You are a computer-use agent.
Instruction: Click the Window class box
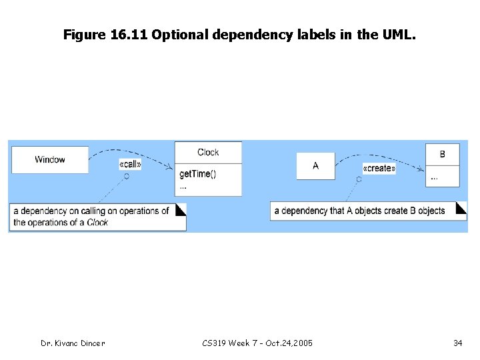tap(50, 159)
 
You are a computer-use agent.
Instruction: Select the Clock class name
tap(208, 152)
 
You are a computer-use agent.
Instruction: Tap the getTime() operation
tap(198, 174)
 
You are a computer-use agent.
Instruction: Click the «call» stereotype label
tap(129, 164)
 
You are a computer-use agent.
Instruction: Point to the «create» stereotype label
tap(379, 169)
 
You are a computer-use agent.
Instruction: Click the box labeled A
tap(315, 165)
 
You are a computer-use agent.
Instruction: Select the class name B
tap(443, 154)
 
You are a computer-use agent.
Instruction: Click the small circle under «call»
tap(125, 176)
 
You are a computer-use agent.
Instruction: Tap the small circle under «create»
tap(359, 179)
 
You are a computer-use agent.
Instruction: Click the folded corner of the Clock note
tap(180, 209)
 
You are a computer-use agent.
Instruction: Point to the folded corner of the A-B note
tap(461, 207)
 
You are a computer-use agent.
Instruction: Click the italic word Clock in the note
tap(97, 223)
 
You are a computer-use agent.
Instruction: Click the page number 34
tap(457, 343)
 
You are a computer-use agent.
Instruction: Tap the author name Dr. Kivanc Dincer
tap(72, 343)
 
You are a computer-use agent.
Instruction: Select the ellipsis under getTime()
tap(183, 187)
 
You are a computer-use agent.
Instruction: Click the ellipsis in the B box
tap(435, 177)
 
